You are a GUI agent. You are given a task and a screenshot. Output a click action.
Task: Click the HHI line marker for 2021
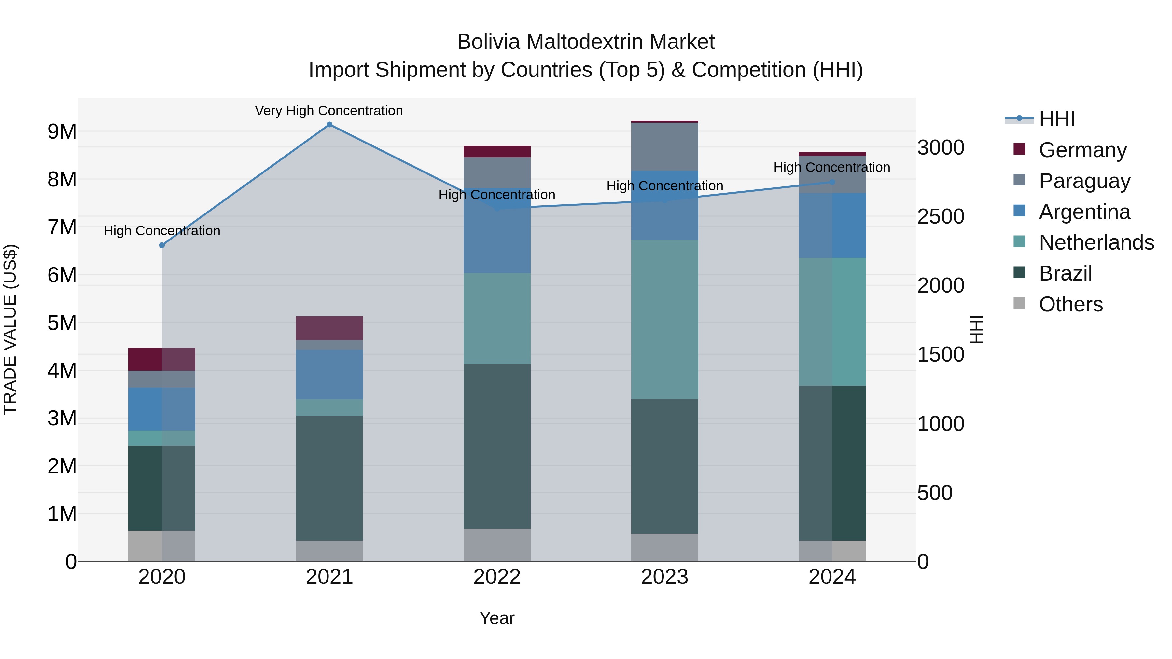(x=329, y=125)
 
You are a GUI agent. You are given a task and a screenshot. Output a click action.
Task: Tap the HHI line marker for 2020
(x=162, y=245)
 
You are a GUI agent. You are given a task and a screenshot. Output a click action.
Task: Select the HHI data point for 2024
(x=832, y=182)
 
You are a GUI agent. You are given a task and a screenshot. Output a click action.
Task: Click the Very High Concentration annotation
(x=328, y=111)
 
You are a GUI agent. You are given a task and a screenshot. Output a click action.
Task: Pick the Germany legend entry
(x=1082, y=150)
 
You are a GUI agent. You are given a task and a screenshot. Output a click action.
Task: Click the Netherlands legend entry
(x=1096, y=242)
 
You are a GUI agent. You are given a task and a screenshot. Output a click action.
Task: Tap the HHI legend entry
(x=1056, y=119)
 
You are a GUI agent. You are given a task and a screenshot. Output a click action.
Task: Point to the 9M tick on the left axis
(x=62, y=132)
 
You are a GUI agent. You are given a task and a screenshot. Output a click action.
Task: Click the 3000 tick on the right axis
(x=941, y=148)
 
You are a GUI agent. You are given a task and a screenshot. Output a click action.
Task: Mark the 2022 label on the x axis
(x=497, y=577)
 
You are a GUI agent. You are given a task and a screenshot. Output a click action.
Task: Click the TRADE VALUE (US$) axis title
(x=10, y=329)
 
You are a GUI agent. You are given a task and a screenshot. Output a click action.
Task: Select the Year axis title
(x=497, y=618)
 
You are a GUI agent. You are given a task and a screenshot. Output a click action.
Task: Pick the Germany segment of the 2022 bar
(x=497, y=151)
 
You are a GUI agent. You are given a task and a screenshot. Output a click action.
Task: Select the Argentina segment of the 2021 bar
(x=329, y=374)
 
